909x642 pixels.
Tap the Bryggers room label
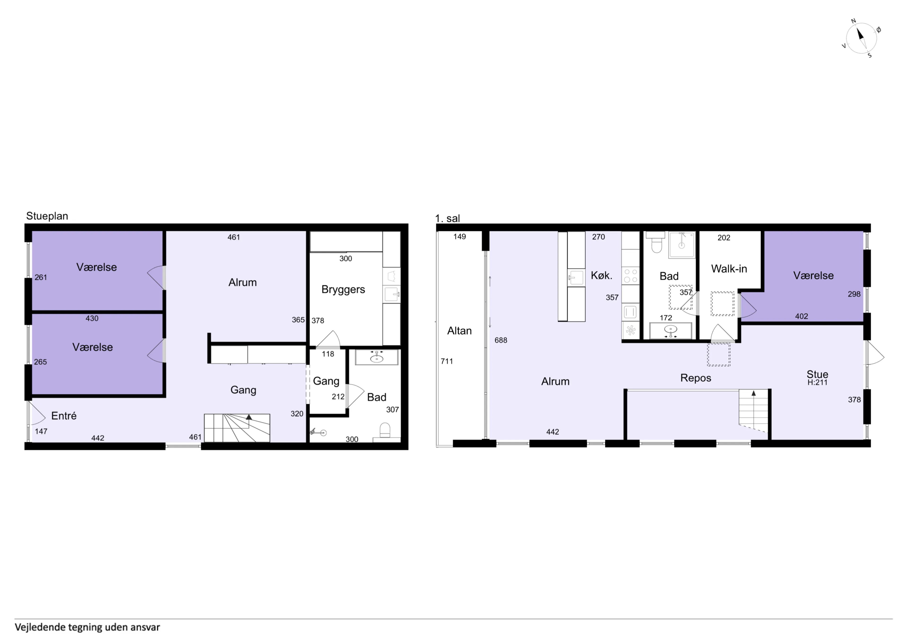click(343, 290)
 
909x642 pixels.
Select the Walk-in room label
click(729, 269)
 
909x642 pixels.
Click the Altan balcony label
click(459, 331)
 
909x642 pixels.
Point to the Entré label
click(64, 416)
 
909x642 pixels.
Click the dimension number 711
click(447, 361)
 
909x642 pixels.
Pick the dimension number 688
click(501, 340)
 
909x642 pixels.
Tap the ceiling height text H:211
click(817, 383)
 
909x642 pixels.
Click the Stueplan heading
click(47, 216)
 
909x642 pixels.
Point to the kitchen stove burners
click(631, 276)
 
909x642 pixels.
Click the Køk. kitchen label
click(601, 276)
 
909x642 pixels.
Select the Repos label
click(696, 378)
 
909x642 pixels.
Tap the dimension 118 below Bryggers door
click(328, 354)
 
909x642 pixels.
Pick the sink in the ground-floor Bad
click(377, 358)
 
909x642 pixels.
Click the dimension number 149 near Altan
click(460, 236)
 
